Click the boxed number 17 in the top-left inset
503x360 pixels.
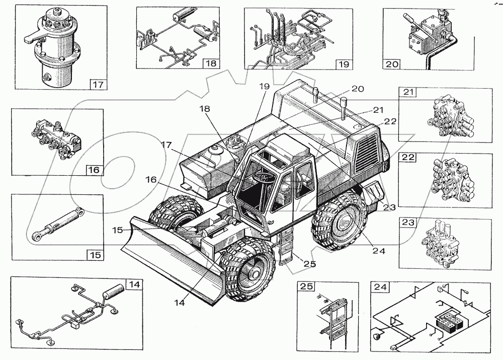(x=98, y=85)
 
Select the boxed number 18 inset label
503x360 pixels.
(x=211, y=63)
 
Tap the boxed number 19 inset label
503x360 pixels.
(x=344, y=64)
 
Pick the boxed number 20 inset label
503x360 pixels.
(x=392, y=64)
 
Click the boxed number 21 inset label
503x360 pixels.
(x=407, y=92)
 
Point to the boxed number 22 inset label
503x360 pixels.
(x=408, y=158)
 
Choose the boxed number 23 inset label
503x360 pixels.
(x=408, y=222)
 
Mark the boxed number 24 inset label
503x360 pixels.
(x=380, y=287)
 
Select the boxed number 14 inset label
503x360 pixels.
(x=134, y=284)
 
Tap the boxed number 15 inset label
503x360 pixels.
(x=95, y=255)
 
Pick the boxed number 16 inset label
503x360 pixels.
(x=95, y=170)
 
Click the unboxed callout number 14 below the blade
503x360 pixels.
(x=180, y=302)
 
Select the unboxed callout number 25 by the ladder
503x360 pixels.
(x=310, y=264)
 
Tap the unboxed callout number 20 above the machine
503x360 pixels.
(x=358, y=89)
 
